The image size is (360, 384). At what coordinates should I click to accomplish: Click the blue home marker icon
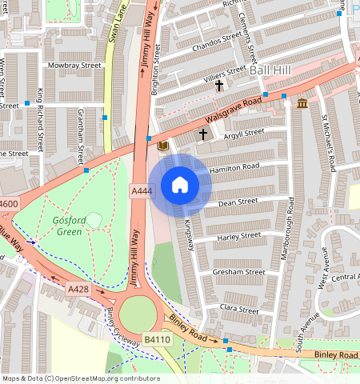[x=180, y=186]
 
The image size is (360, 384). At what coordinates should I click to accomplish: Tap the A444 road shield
[x=141, y=190]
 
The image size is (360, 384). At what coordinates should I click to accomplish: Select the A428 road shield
[x=78, y=289]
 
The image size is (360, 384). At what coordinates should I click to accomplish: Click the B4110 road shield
[x=158, y=340]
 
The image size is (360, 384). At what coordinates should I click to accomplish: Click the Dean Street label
[x=237, y=203]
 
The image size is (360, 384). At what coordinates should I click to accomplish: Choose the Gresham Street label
[x=238, y=272]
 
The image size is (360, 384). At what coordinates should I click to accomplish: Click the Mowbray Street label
[x=74, y=65]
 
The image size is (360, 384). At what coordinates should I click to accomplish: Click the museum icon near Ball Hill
[x=302, y=104]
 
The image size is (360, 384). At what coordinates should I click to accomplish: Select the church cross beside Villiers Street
[x=219, y=84]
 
